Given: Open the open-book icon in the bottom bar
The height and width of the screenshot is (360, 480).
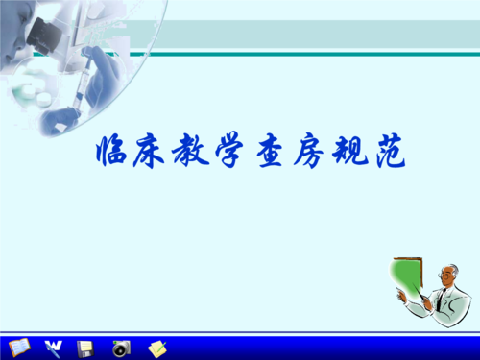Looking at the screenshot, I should click(x=18, y=346).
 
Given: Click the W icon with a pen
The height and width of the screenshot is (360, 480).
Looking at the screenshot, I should click(x=53, y=346).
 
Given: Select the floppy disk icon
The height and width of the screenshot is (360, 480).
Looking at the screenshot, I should click(x=85, y=346).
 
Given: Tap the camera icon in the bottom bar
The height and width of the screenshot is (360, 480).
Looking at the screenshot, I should click(x=120, y=347).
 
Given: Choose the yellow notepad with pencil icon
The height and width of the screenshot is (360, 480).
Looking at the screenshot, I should click(x=156, y=346).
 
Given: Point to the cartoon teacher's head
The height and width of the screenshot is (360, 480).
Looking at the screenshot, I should click(x=445, y=275).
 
